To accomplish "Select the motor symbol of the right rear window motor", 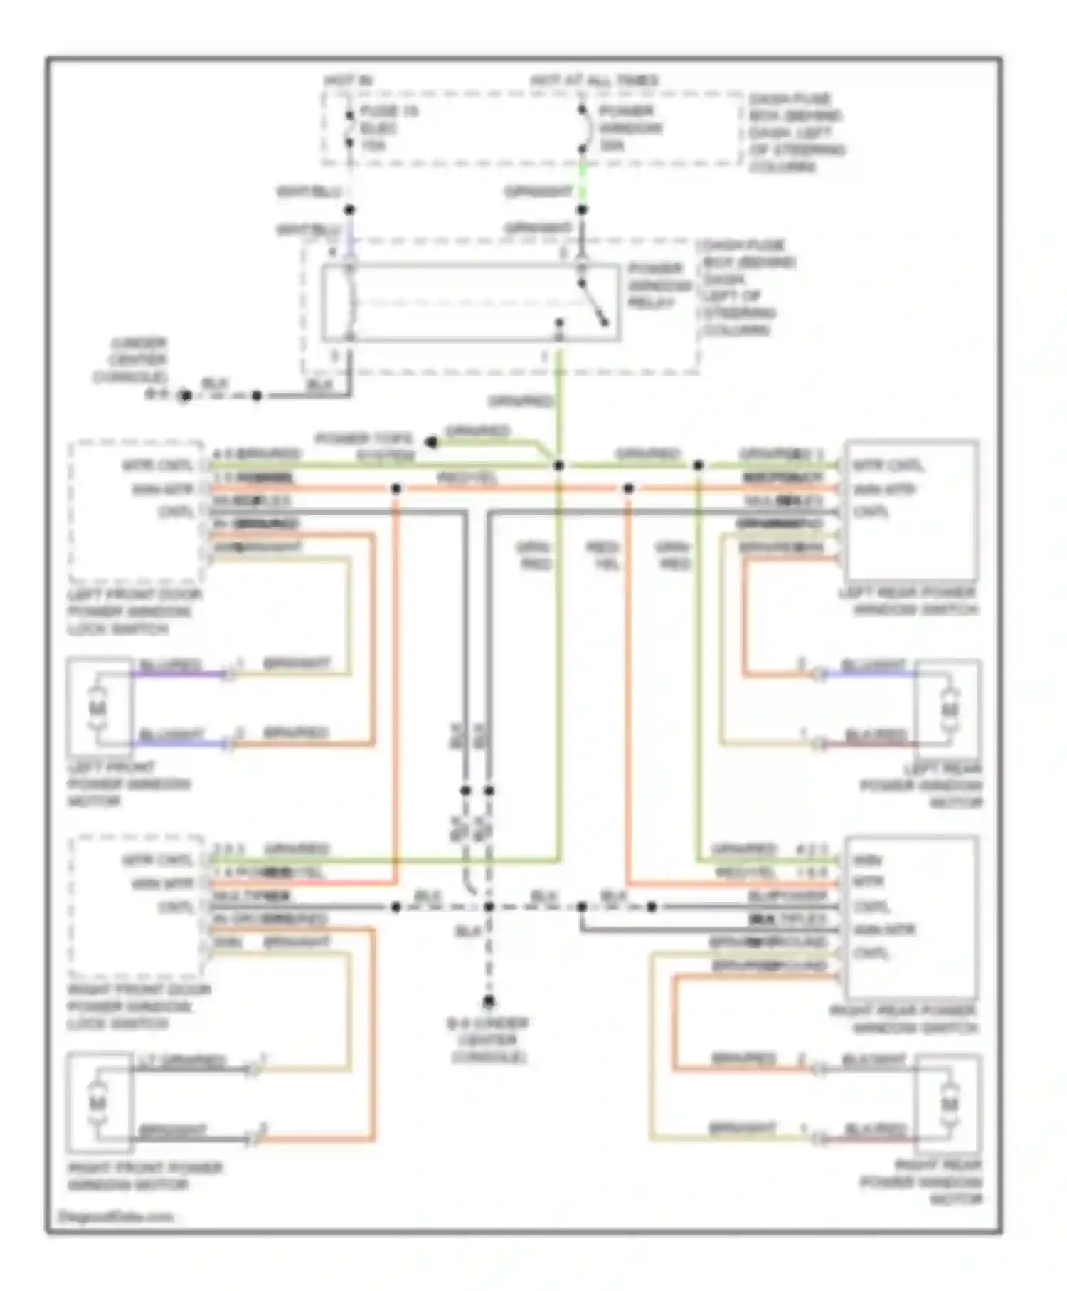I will pos(949,1104).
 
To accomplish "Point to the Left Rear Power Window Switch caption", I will pos(908,601).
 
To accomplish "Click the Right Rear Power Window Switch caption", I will pos(903,1019).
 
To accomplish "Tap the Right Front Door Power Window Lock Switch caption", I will pos(139,1006).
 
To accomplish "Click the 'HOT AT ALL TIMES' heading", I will pos(594,81).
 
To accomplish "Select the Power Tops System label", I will pos(365,447).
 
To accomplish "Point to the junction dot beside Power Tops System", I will pos(430,442).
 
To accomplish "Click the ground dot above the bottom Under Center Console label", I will pos(489,1002).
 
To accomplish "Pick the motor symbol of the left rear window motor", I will pos(949,710).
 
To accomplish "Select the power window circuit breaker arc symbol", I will pos(585,130).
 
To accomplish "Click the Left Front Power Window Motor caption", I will pos(129,784).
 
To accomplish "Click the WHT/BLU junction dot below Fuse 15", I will pos(349,210).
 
